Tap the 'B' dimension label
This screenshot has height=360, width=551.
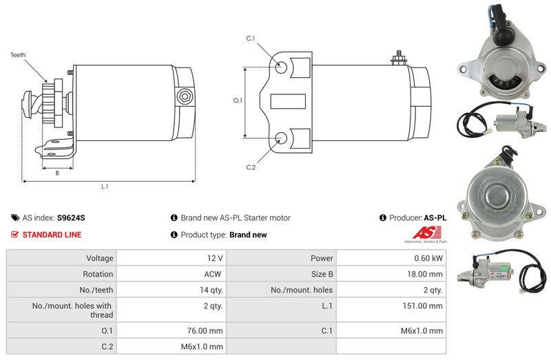pos(57,173)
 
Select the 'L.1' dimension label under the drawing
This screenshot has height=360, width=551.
pos(105,187)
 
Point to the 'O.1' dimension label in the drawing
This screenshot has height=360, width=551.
pos(238,100)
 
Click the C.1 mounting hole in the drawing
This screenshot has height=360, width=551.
pos(281,68)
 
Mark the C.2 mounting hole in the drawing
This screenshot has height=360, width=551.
pos(281,138)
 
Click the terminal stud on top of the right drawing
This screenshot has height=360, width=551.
pos(397,57)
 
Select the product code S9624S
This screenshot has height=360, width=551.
pos(71,218)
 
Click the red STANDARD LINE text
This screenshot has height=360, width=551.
pos(52,235)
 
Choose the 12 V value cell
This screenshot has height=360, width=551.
pos(215,258)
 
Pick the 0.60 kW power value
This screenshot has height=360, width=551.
pos(428,258)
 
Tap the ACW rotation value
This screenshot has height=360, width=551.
pos(214,274)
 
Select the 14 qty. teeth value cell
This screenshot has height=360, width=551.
pos(210,290)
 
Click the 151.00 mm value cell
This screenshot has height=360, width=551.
pos(423,305)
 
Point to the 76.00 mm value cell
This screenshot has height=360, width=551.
pos(205,332)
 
